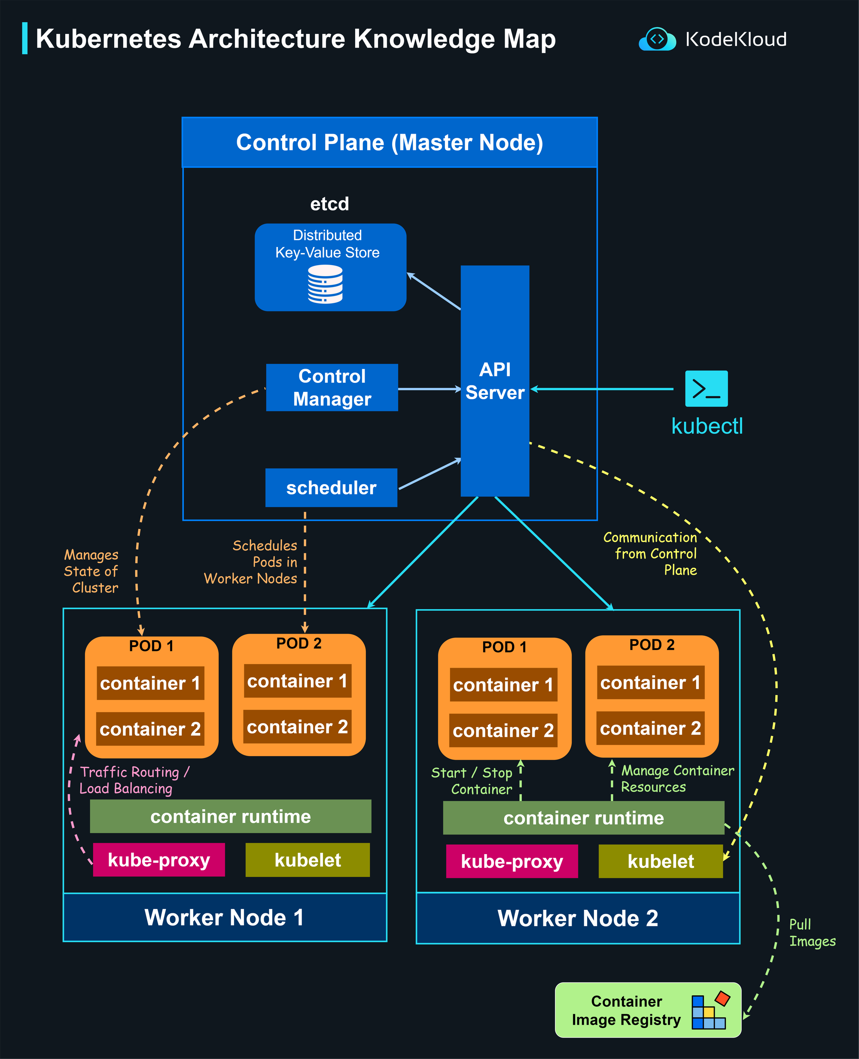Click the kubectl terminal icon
[x=706, y=388]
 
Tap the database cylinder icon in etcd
[x=325, y=284]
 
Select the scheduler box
[x=331, y=488]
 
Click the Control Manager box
[x=332, y=388]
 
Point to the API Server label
[x=495, y=381]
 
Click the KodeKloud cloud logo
[x=657, y=40]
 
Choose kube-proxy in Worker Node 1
[x=159, y=860]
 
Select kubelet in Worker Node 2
[x=660, y=861]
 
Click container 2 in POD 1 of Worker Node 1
[x=150, y=729]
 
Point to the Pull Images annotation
[x=811, y=932]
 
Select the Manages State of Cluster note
[x=91, y=571]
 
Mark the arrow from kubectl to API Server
[x=604, y=389]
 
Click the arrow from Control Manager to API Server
[x=429, y=389]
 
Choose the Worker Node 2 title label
[x=577, y=919]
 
